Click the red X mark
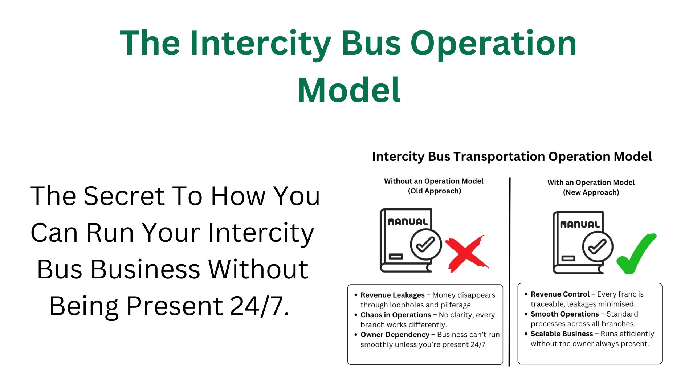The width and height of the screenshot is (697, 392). pos(466,254)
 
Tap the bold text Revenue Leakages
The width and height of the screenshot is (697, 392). pos(392,295)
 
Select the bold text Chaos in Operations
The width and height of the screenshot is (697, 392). pos(395,315)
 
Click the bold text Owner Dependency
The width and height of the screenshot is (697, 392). pos(395,335)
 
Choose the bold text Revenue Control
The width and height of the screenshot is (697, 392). pos(559,294)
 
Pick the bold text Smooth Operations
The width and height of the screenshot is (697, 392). pos(564,314)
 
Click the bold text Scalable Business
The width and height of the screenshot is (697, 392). pos(561,334)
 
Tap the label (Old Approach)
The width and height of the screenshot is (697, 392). pos(434,191)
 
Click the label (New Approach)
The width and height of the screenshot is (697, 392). pos(591,193)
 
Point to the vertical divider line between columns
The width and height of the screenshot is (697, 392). pos(510,272)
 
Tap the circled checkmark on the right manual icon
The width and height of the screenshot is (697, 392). pos(597,247)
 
